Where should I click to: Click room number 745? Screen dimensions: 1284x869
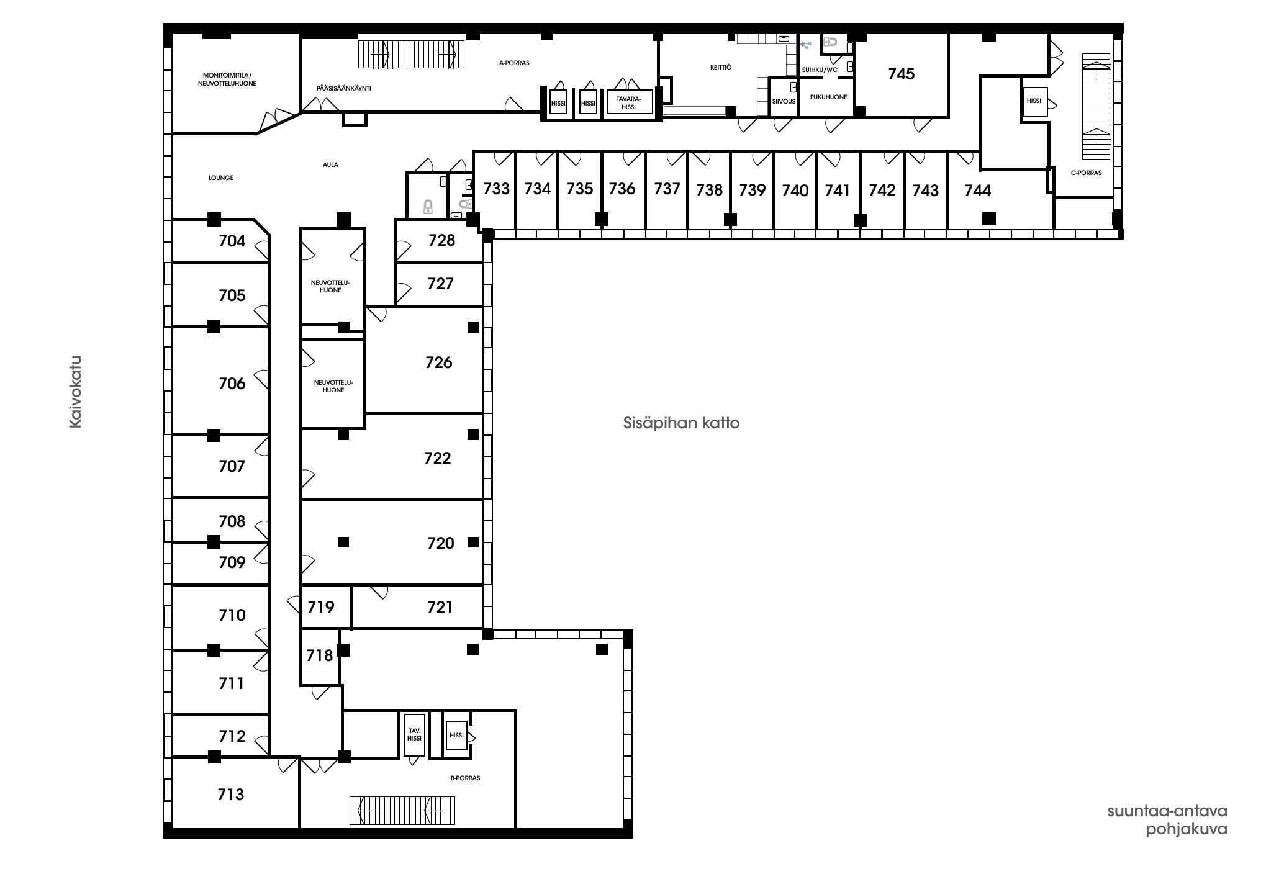point(901,74)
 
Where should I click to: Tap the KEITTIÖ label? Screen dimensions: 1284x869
point(721,67)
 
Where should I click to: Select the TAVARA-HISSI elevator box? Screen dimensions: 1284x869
point(629,102)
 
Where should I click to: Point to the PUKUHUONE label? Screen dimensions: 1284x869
point(828,97)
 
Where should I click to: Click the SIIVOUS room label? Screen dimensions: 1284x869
point(784,101)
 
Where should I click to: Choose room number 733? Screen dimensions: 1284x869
point(496,188)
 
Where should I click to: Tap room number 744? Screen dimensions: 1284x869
point(977,191)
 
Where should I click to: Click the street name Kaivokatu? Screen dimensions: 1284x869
point(75,392)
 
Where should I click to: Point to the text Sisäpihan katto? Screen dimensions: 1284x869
point(681,423)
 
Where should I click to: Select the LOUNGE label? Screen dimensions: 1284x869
point(221,178)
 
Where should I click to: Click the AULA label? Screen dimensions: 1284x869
point(330,164)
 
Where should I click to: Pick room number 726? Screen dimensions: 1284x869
point(439,362)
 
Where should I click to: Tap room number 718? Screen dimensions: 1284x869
point(320,655)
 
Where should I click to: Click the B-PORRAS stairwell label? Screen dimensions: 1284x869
point(465,778)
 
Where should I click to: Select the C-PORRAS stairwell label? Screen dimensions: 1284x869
point(1086,173)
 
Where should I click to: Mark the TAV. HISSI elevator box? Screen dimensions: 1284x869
point(414,734)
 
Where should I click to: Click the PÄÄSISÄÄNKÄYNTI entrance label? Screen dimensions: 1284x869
point(343,88)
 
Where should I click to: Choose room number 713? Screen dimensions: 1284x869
point(231,794)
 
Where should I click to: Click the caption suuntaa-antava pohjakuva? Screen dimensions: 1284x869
point(1167,821)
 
